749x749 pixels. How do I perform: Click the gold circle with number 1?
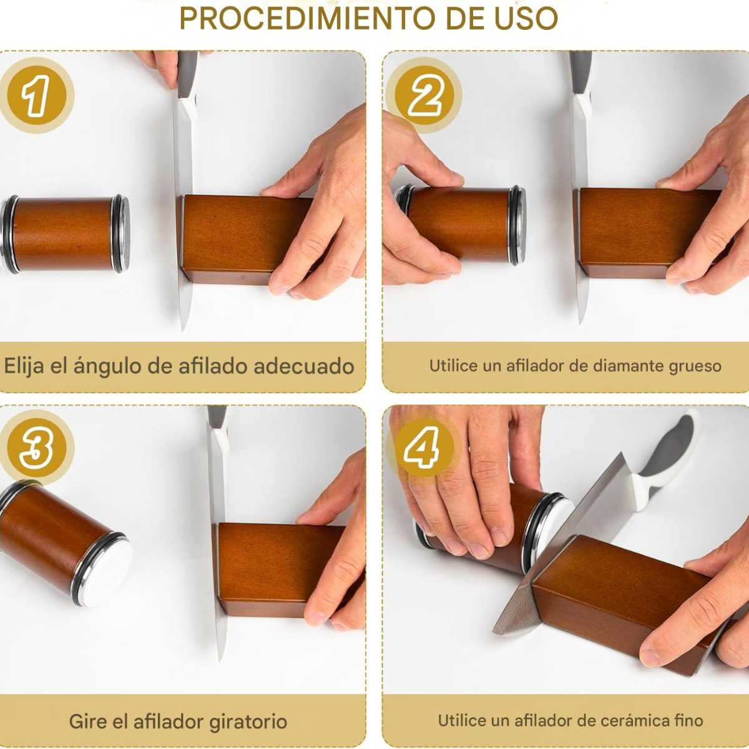point(37,95)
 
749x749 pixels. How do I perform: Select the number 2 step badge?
point(424,95)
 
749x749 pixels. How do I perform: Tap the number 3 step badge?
point(37,448)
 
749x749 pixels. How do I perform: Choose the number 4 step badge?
point(424,448)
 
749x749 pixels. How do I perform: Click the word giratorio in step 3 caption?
point(248,722)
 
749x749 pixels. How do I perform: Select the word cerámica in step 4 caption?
point(630,720)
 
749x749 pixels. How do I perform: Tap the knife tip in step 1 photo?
point(182,331)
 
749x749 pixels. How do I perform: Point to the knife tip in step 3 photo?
point(220,660)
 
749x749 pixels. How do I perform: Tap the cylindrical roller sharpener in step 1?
point(64,235)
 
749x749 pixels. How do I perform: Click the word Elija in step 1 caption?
point(24,366)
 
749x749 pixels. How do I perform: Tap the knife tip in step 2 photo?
point(581,323)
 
